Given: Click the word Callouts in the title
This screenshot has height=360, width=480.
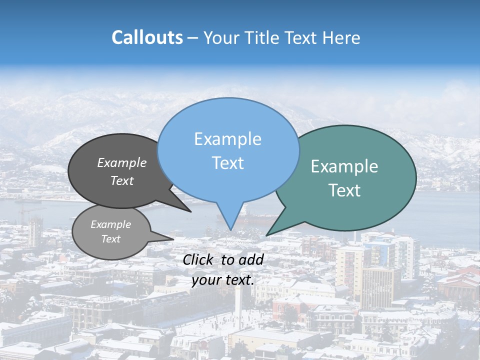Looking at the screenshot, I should point(147,38).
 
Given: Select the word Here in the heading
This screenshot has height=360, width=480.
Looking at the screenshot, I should point(340,38).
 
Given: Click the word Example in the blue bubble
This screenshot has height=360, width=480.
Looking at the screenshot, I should point(227,139).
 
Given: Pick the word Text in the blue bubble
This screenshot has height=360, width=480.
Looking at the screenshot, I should point(227,163).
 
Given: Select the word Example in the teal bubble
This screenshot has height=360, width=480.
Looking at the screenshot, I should point(344,166).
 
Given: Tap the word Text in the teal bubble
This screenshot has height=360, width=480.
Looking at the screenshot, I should point(344,190).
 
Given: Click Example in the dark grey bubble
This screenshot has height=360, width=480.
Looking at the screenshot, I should point(121,162).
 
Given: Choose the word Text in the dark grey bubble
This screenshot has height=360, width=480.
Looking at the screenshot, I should point(121,180).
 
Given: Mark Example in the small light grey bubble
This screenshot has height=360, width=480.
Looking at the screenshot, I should point(110,224).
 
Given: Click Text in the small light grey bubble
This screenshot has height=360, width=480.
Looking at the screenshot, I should point(110,239).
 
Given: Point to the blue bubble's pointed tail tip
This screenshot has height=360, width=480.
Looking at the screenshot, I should point(230,230).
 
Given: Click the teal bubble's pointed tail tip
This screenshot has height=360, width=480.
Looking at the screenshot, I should point(266,235).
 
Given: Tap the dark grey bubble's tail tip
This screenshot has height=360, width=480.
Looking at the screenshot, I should point(191,211).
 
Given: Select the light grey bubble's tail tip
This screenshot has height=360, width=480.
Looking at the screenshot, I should point(173,238).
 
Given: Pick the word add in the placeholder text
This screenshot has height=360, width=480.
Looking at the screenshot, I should point(251,259).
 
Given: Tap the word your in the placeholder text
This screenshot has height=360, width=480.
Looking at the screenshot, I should point(206,280).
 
